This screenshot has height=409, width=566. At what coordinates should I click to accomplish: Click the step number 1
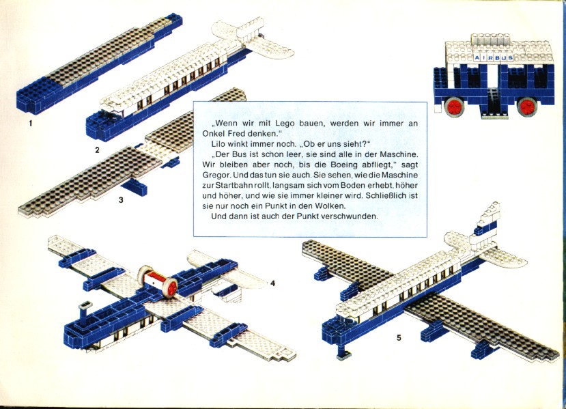31,124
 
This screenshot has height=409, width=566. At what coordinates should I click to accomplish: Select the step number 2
97,150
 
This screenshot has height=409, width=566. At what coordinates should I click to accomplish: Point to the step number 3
121,199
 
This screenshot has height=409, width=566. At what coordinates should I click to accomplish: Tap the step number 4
272,284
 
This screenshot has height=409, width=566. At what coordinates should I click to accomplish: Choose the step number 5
399,338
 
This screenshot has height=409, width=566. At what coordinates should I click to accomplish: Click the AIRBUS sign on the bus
494,58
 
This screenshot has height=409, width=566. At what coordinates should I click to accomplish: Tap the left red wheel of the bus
455,106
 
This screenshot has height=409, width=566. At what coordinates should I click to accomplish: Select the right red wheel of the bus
527,106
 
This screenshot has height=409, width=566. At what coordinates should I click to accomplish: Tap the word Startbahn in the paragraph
231,186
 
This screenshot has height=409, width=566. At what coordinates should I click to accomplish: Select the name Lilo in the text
218,144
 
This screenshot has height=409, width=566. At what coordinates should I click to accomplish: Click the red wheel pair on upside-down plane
158,282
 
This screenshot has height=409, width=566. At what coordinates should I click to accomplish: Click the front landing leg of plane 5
343,350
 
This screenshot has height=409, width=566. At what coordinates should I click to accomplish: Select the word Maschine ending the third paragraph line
399,155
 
